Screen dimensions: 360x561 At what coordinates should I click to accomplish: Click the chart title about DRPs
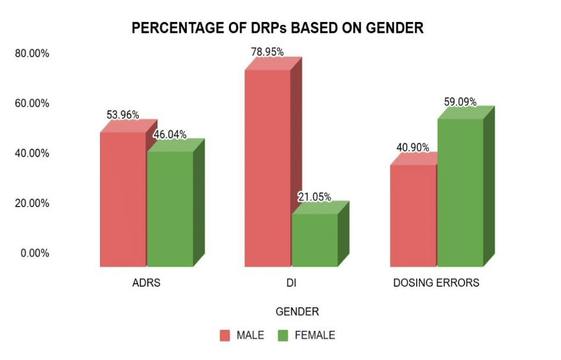click(x=278, y=28)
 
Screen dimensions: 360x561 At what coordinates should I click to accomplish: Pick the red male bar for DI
click(x=267, y=168)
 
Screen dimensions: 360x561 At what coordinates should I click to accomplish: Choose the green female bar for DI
click(x=315, y=240)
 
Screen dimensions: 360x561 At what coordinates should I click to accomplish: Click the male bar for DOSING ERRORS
click(x=413, y=216)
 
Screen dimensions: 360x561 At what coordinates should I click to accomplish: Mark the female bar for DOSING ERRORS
click(x=460, y=192)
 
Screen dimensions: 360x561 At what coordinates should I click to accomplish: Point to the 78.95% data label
click(x=267, y=52)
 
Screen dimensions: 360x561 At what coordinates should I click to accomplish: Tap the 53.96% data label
click(x=122, y=115)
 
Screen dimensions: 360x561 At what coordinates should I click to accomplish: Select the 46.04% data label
click(x=170, y=134)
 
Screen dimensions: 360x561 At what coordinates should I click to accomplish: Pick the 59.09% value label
click(x=460, y=102)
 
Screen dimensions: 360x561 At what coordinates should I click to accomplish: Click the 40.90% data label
click(x=413, y=147)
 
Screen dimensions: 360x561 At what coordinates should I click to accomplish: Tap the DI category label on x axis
click(x=291, y=283)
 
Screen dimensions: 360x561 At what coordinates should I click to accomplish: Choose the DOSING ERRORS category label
click(x=436, y=283)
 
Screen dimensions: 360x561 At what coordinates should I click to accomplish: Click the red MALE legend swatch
click(x=225, y=336)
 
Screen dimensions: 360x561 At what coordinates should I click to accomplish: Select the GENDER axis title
click(x=297, y=311)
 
